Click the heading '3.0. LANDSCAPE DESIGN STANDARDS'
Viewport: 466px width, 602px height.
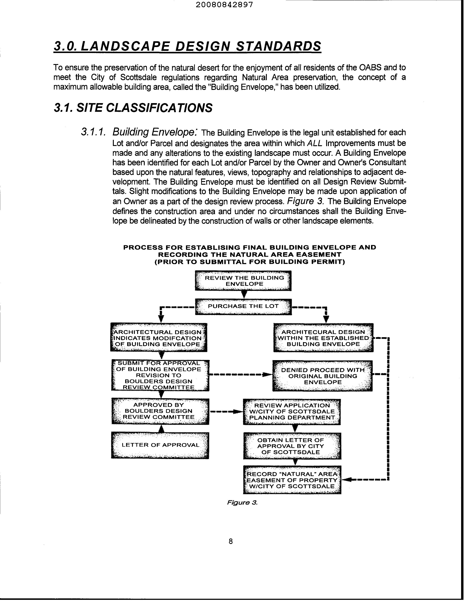pyautogui.click(x=187, y=46)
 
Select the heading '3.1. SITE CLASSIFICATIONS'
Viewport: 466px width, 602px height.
pyautogui.click(x=133, y=108)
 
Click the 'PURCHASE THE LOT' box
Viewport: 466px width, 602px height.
pyautogui.click(x=243, y=306)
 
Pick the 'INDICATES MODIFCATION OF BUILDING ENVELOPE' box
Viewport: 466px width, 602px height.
pyautogui.click(x=158, y=338)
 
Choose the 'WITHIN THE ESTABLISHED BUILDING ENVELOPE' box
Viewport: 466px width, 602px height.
pyautogui.click(x=323, y=338)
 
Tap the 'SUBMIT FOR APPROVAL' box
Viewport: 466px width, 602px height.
pyautogui.click(x=160, y=375)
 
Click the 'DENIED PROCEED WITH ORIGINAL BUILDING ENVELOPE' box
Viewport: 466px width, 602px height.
pyautogui.click(x=322, y=376)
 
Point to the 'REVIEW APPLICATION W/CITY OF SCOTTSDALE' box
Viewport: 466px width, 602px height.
pyautogui.click(x=292, y=412)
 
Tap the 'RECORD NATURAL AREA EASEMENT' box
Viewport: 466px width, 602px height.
pyautogui.click(x=292, y=480)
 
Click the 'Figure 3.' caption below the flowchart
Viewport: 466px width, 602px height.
pyautogui.click(x=242, y=503)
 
